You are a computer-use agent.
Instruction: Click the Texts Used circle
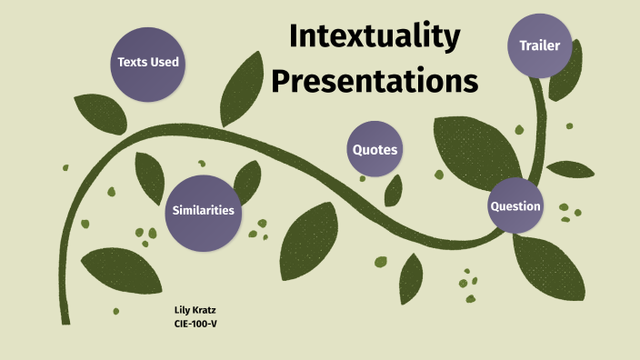[x=148, y=63]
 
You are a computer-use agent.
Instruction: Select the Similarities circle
[x=204, y=210]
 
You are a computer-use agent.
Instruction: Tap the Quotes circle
[x=375, y=150]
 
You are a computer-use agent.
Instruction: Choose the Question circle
[x=515, y=206]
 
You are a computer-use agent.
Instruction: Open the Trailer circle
[x=539, y=45]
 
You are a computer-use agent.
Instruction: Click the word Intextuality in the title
[x=375, y=36]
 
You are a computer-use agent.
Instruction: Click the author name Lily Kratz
[x=195, y=310]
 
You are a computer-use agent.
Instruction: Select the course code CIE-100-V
[x=195, y=323]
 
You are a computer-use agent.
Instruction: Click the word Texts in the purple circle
[x=133, y=63]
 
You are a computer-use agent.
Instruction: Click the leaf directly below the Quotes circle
[x=393, y=190]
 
